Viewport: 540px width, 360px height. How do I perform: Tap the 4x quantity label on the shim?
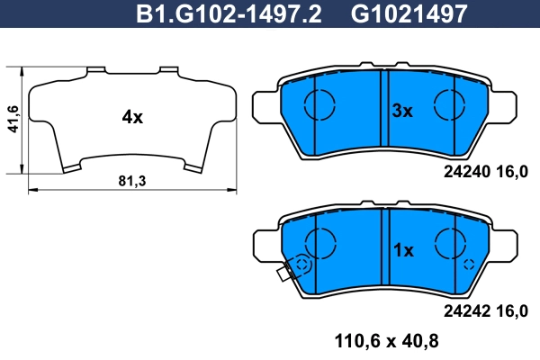[132, 117]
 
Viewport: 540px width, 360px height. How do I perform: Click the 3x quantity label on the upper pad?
[400, 112]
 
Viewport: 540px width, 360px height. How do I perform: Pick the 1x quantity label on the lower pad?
[400, 250]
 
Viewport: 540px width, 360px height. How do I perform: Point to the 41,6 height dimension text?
[12, 119]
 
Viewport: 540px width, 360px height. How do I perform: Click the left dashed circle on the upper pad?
[319, 105]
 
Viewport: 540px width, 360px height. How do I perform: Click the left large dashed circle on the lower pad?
[319, 241]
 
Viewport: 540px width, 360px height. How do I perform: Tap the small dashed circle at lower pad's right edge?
[469, 265]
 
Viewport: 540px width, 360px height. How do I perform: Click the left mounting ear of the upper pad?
[264, 105]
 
